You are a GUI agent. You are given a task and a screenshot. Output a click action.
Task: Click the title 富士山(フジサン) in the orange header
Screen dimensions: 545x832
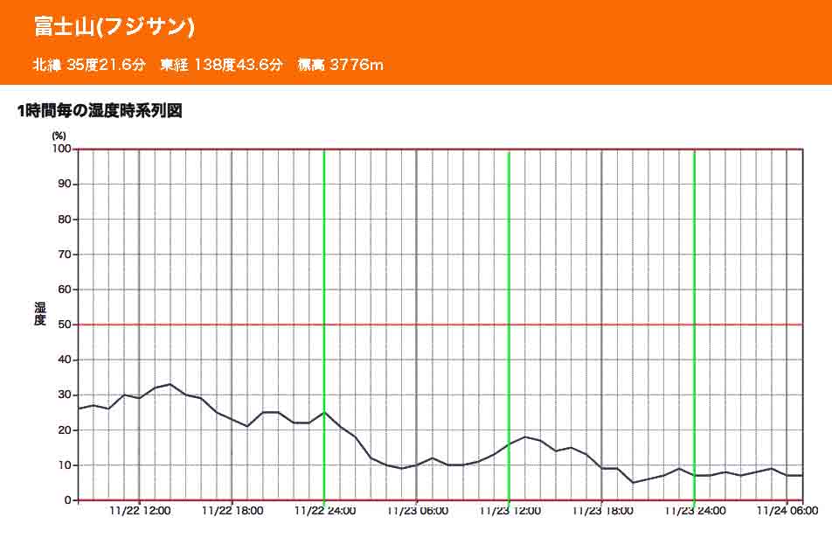114,26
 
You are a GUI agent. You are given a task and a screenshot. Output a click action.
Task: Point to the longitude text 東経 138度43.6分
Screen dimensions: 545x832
222,65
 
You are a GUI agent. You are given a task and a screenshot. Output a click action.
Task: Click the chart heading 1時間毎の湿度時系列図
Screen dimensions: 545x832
99,111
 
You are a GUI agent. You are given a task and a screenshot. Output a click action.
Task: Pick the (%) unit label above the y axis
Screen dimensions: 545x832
59,136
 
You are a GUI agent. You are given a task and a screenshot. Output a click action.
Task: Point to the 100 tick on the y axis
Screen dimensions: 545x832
60,149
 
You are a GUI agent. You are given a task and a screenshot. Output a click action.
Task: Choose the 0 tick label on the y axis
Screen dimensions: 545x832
66,500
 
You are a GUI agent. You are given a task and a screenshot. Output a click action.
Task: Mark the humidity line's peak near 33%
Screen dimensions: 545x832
170,384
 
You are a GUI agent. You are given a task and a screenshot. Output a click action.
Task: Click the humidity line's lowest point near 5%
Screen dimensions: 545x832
633,482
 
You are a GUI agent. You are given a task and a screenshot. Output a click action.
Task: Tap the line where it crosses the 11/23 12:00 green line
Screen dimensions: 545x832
510,444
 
